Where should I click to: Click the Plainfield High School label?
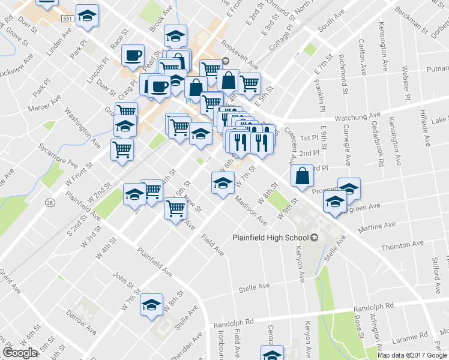pos(270,238)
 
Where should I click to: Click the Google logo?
pos(20,353)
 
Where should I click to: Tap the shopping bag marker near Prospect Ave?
pos(303,175)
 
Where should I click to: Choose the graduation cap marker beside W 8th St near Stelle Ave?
pos(152,304)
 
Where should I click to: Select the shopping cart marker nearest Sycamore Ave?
pos(122,149)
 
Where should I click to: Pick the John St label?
pos(123,280)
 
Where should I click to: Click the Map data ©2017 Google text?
pos(412,355)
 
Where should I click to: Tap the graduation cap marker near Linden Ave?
pos(88,17)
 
